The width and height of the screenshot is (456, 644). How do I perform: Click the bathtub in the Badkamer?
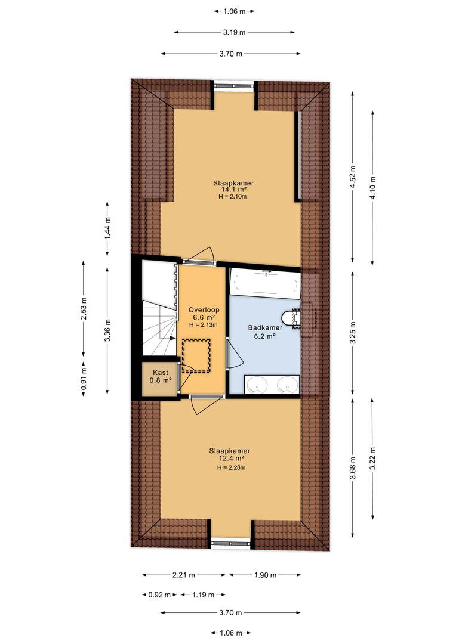[264, 283]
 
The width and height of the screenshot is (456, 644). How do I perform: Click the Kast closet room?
[161, 377]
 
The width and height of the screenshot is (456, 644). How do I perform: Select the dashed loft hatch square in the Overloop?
[196, 355]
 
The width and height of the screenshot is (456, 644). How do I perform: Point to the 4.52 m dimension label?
[352, 177]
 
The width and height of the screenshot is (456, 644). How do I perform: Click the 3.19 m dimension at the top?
[235, 32]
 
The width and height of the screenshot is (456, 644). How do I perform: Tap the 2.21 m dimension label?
[184, 575]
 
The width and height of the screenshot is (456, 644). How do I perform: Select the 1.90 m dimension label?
[265, 575]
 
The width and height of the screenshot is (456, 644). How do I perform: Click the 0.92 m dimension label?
[159, 595]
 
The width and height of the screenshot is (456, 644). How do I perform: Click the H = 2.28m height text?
[232, 468]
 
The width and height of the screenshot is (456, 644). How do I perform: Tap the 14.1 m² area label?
[233, 190]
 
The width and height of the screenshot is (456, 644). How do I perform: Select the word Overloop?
[204, 310]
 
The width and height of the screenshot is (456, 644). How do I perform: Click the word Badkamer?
[265, 328]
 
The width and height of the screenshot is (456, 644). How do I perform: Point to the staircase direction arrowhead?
[172, 337]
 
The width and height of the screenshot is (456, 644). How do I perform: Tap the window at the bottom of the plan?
[230, 543]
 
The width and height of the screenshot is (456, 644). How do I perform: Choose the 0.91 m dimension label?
[83, 378]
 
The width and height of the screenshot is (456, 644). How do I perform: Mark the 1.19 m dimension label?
[203, 595]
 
